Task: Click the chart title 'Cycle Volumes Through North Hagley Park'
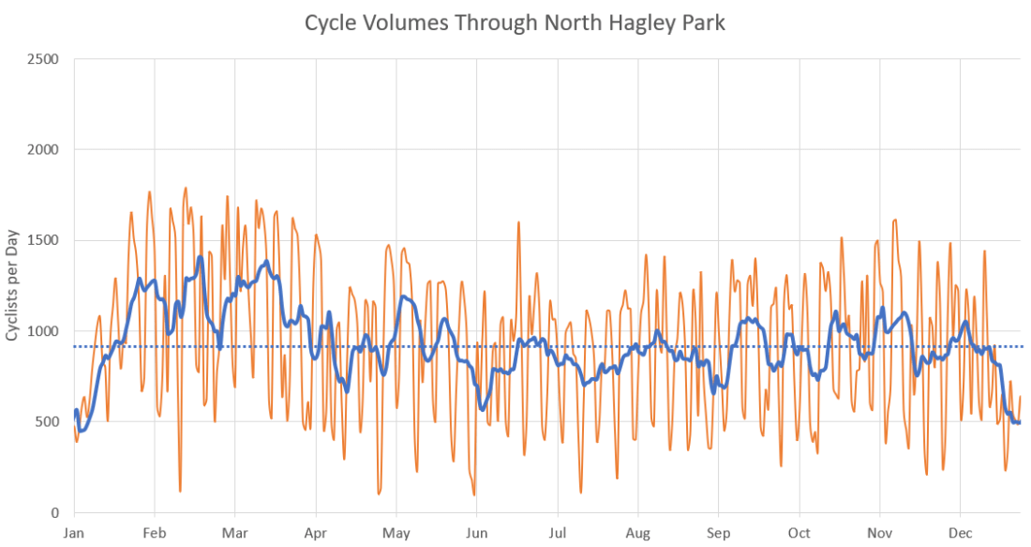(x=515, y=23)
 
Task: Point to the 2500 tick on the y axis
(x=43, y=59)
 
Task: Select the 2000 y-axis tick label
(x=43, y=150)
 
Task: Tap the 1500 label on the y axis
(x=43, y=240)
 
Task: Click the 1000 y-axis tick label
(x=43, y=331)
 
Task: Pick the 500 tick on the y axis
(x=47, y=422)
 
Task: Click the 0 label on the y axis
(x=54, y=513)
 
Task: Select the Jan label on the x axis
(x=74, y=532)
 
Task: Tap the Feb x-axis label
(x=155, y=532)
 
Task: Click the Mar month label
(x=235, y=532)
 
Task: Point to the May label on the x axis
(x=396, y=532)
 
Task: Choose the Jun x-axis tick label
(x=477, y=532)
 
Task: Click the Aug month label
(x=638, y=532)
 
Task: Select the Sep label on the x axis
(x=719, y=532)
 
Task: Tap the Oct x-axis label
(x=799, y=532)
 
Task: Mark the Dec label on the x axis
(x=961, y=532)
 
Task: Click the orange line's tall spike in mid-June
(x=518, y=222)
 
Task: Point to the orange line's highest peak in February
(x=186, y=188)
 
